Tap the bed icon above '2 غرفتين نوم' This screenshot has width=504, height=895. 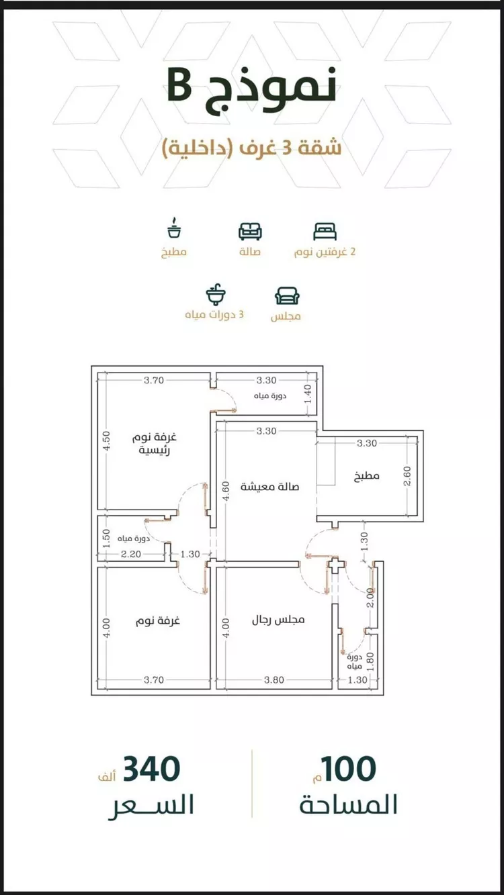[x=325, y=232]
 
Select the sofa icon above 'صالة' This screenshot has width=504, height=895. [x=250, y=232]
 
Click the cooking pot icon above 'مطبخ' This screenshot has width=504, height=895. [x=174, y=228]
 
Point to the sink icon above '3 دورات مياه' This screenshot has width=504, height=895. [x=216, y=294]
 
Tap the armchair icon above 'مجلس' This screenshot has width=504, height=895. [x=287, y=296]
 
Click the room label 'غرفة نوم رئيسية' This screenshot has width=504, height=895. [x=155, y=444]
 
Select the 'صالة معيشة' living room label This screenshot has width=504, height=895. [x=269, y=487]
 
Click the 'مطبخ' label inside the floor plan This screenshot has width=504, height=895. [x=367, y=476]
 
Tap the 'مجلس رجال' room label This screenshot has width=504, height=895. [x=278, y=620]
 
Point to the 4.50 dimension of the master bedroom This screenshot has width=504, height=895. [x=106, y=440]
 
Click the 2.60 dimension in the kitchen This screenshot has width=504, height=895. [x=407, y=476]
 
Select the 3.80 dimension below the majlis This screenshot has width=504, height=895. [x=274, y=679]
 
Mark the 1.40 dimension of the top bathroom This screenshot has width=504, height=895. [x=308, y=394]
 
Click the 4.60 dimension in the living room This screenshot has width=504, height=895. [x=226, y=491]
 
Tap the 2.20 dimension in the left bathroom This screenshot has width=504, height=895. [x=131, y=554]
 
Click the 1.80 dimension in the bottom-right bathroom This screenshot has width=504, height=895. [x=370, y=661]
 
